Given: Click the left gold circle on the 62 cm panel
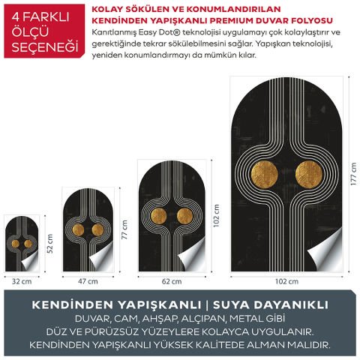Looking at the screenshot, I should tap(158, 217).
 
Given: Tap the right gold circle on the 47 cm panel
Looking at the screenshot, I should tap(97, 229).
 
